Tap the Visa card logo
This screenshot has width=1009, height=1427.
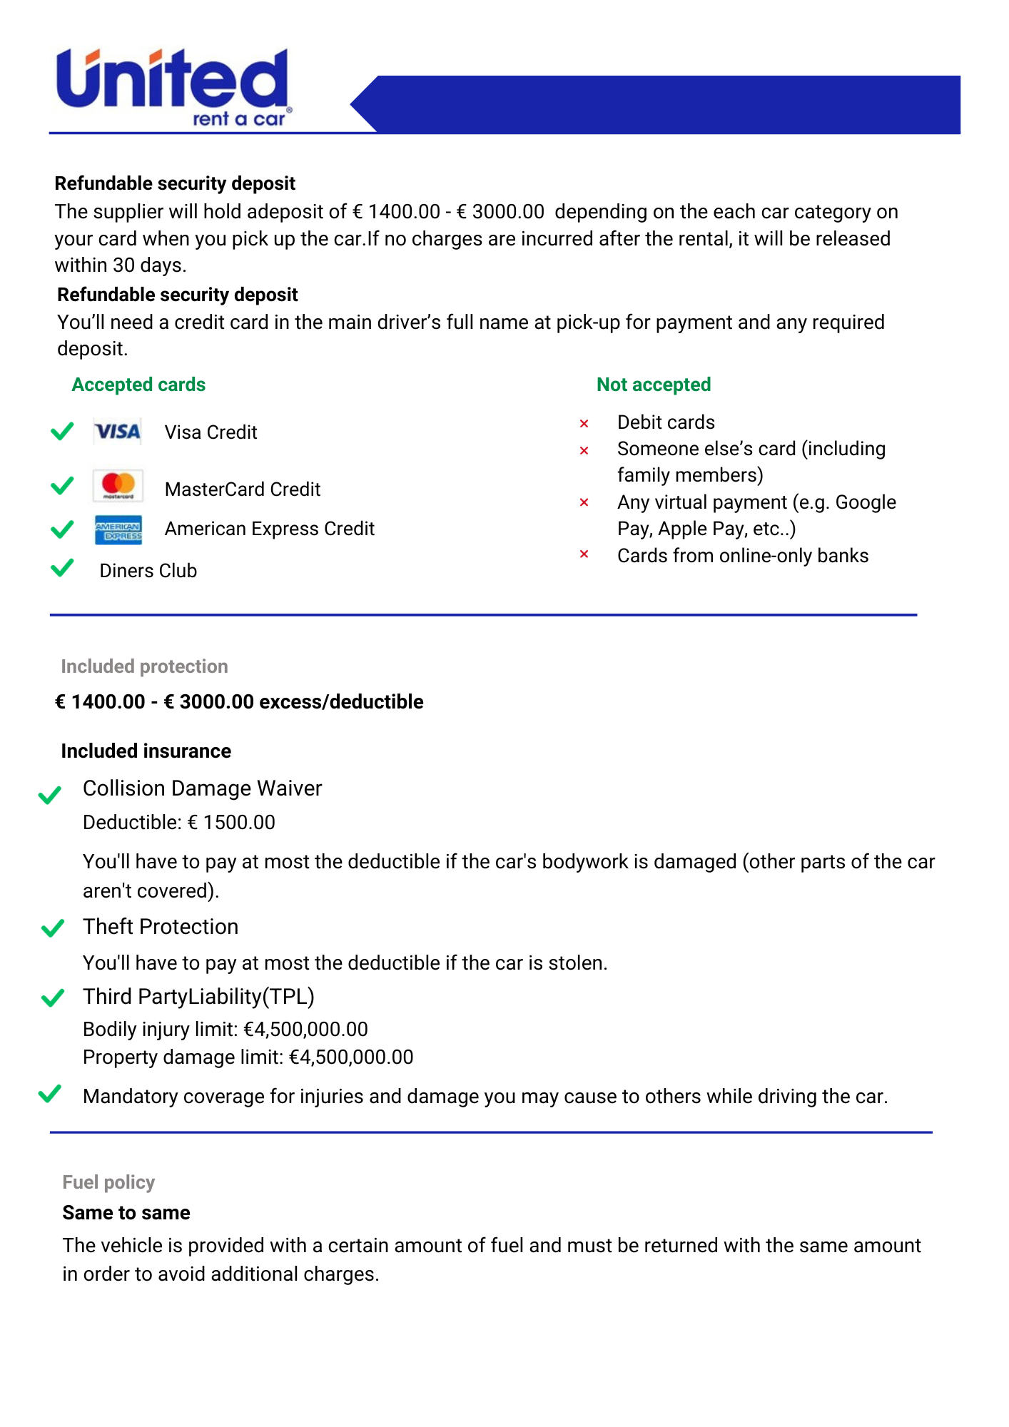pyautogui.click(x=118, y=432)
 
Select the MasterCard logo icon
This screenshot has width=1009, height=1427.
pyautogui.click(x=118, y=486)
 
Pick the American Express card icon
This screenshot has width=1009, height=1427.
pyautogui.click(x=118, y=530)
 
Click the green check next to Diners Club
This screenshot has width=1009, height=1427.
pyautogui.click(x=63, y=568)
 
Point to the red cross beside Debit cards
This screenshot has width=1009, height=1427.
pyautogui.click(x=584, y=424)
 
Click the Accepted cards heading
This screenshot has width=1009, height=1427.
pyautogui.click(x=138, y=385)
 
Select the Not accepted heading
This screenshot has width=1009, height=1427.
pyautogui.click(x=654, y=385)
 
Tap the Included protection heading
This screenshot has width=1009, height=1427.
pyautogui.click(x=144, y=666)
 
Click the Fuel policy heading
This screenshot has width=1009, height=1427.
pyautogui.click(x=108, y=1182)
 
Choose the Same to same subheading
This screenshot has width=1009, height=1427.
pyautogui.click(x=126, y=1213)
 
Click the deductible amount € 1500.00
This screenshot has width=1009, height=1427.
pyautogui.click(x=232, y=823)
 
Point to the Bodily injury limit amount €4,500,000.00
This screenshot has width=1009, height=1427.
pyautogui.click(x=305, y=1030)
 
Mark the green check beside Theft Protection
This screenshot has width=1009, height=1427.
pyautogui.click(x=53, y=928)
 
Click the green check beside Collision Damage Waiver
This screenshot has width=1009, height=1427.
pyautogui.click(x=50, y=795)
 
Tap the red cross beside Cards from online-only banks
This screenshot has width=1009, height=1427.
pyautogui.click(x=584, y=554)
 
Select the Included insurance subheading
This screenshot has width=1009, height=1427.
pyautogui.click(x=146, y=751)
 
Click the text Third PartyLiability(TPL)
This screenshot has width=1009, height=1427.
pyautogui.click(x=198, y=997)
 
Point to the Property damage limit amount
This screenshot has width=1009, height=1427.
pyautogui.click(x=351, y=1057)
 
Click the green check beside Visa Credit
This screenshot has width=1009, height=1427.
pyautogui.click(x=63, y=431)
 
